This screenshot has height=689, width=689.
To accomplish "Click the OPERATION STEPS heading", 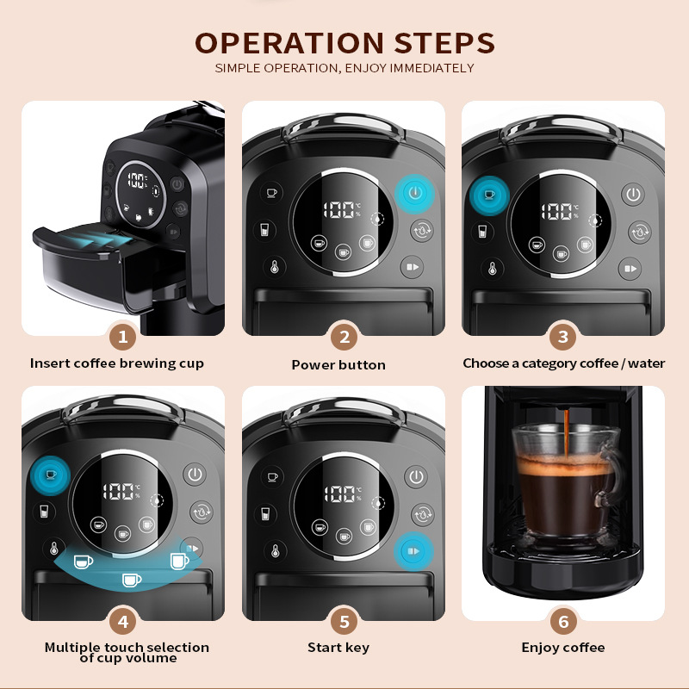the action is [344, 43].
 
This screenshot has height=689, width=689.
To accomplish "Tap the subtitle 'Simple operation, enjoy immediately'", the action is [344, 68].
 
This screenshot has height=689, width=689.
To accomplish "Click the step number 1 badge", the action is [123, 337].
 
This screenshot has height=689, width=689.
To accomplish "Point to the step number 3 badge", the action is [564, 337].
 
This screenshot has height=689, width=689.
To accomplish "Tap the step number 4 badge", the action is [123, 620].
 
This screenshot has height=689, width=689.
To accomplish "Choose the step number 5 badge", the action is [344, 620].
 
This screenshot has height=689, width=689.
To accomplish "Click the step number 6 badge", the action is [564, 620].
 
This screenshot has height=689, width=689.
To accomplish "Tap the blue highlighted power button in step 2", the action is [415, 193].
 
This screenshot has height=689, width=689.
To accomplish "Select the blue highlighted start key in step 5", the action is [414, 551].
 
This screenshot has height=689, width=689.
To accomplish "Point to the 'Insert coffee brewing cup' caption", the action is [117, 363].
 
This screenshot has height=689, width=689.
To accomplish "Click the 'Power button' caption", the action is [338, 364].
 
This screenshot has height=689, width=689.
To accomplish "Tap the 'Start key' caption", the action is [338, 647].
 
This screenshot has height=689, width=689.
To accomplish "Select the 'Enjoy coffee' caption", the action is [563, 647].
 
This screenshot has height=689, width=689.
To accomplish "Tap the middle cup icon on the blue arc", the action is [131, 580].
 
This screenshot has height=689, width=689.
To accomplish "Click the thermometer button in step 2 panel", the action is [271, 268].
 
